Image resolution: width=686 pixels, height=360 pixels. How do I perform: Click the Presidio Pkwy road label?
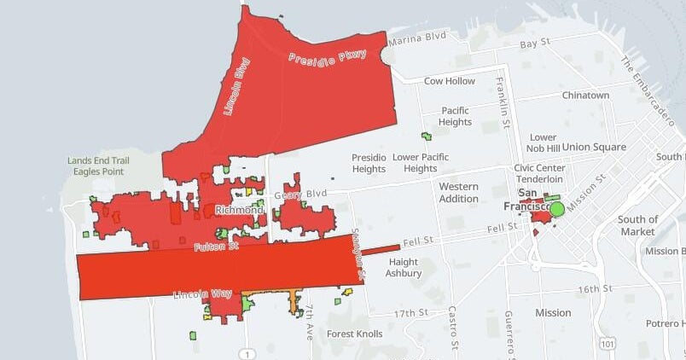click(327, 58)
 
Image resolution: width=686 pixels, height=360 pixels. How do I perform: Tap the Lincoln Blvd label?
click(236, 85)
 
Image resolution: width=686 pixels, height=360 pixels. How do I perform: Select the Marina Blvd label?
click(417, 38)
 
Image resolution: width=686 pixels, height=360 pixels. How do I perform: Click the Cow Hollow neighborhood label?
click(450, 81)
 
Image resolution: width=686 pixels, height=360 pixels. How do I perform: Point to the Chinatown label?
click(585, 96)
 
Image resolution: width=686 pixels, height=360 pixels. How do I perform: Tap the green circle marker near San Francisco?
click(557, 208)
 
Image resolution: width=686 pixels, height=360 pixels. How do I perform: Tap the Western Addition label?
click(459, 192)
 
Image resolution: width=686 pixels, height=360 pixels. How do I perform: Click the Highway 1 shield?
click(247, 353)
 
